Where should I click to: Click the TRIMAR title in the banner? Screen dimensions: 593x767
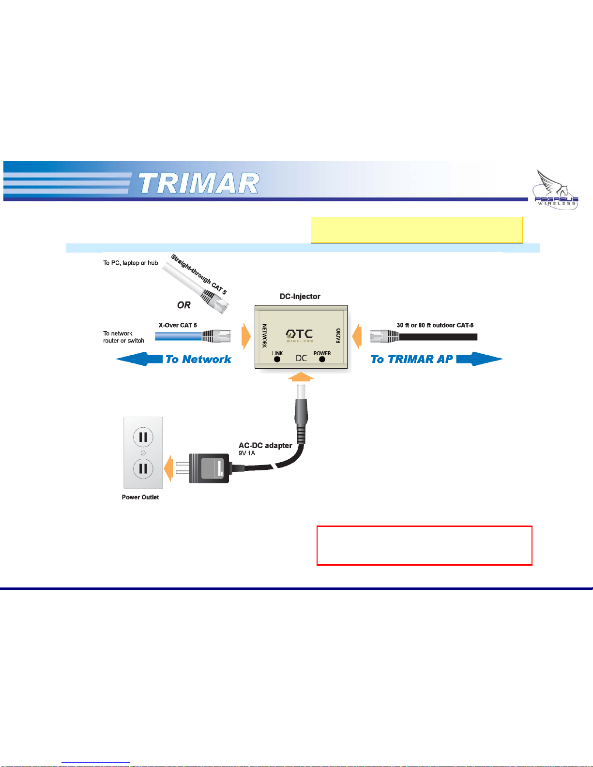point(199,183)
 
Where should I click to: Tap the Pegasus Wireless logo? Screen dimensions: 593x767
point(555,190)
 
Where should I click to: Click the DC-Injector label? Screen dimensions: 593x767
point(300,297)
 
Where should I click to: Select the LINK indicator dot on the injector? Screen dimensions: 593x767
point(277,360)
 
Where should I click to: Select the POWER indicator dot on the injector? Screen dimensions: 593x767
point(322,360)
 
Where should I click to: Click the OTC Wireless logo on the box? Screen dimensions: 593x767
point(299,336)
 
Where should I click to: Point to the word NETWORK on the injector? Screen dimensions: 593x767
point(264,336)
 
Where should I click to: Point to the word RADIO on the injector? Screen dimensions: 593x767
point(338,336)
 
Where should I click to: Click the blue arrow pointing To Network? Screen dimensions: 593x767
point(139,359)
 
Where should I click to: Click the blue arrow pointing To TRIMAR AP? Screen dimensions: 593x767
point(479,359)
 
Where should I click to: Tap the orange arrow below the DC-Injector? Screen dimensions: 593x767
point(301,376)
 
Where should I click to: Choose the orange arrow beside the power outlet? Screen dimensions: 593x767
point(168,468)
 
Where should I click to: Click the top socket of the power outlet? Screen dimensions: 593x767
point(143,437)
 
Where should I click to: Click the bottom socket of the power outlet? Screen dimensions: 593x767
point(143,469)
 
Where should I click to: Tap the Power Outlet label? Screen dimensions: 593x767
point(140,497)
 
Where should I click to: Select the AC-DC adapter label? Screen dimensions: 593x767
point(265,446)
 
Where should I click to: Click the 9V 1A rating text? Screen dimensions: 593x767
point(247,453)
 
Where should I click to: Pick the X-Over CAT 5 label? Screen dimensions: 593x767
point(178,325)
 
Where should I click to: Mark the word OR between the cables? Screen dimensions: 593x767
point(183,305)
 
